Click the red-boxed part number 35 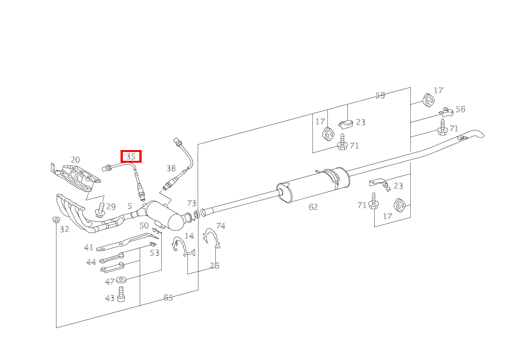click(131, 157)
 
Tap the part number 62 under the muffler click(313, 207)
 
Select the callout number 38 click(171, 168)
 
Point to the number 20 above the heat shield click(76, 160)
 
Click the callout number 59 click(380, 96)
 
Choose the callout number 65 click(169, 297)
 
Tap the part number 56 click(461, 109)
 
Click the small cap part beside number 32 click(56, 220)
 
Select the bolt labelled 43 click(121, 294)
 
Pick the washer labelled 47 click(121, 280)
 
